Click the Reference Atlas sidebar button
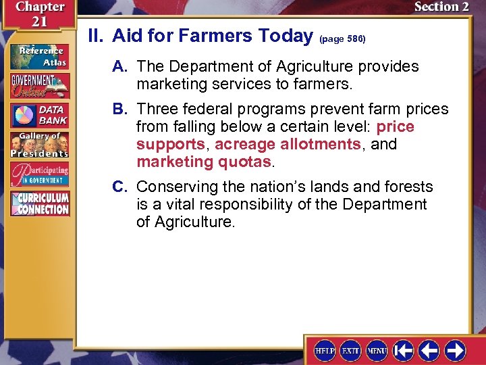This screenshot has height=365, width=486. pos(39,55)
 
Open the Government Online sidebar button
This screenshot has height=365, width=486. pos(39,85)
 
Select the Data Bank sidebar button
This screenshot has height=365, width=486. pos(39,115)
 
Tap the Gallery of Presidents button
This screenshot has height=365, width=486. pos(39,145)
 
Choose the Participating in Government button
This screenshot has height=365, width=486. pos(39,174)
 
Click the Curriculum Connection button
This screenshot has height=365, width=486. pos(39,203)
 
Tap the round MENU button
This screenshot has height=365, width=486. pos(377,350)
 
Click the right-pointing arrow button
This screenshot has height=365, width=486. pos(454,350)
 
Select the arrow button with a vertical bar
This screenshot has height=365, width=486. pos(403,350)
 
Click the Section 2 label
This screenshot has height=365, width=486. pos(441,7)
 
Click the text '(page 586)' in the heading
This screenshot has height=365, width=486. pos(342,39)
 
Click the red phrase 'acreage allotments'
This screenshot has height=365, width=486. pos(287,144)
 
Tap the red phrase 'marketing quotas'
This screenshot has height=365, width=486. pos(203,162)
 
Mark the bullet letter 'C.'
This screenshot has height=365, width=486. pos(122,187)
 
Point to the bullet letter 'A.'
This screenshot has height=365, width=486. pos(122,67)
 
